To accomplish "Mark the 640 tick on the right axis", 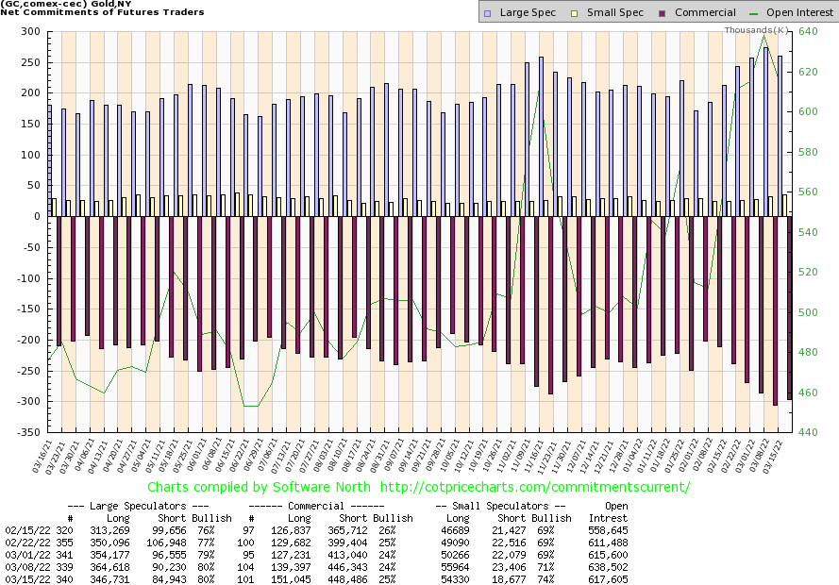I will pos(807,32).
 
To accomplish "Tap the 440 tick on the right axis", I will pos(807,432).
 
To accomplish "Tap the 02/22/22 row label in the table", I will pos(23,545).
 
